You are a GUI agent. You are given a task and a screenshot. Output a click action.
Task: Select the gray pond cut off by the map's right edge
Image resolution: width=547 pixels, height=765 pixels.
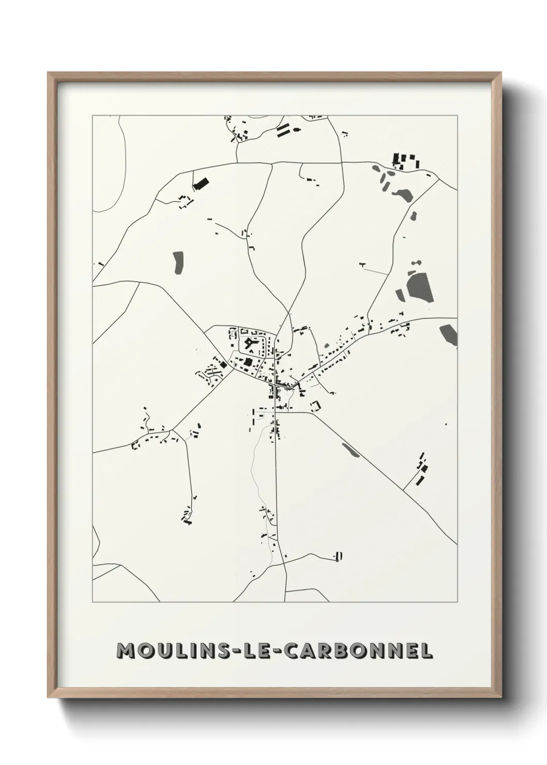pos(449,335)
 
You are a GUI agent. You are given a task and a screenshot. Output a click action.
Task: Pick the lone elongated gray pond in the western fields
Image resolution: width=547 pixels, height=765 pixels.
pos(178,263)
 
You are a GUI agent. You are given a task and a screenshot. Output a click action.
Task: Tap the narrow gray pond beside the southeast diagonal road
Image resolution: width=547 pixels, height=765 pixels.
pos(351,450)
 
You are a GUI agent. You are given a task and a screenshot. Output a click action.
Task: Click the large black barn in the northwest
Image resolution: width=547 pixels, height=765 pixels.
pos(200,182)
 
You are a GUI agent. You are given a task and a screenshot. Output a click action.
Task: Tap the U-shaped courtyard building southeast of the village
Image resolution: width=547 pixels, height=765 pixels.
pos(315,406)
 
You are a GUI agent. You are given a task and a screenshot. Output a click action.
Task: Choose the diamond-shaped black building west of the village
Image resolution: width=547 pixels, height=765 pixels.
pos(223,364)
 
